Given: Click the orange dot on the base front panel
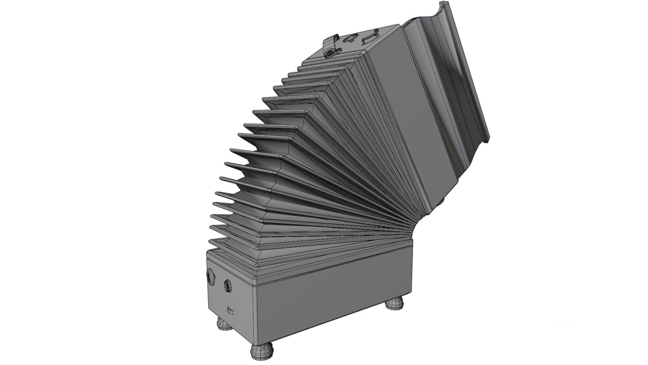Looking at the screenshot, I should click(314, 315).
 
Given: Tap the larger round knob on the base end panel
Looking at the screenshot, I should click(211, 276).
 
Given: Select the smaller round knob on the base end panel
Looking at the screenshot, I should click(227, 286).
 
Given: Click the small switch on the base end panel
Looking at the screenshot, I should click(231, 312).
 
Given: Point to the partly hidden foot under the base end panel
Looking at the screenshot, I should click(223, 324).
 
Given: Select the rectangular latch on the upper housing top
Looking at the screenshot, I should click(370, 37).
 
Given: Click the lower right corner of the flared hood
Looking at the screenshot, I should click(487, 140).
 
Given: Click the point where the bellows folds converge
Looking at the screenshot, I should click(410, 228).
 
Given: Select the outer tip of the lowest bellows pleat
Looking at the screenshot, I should click(210, 243).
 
